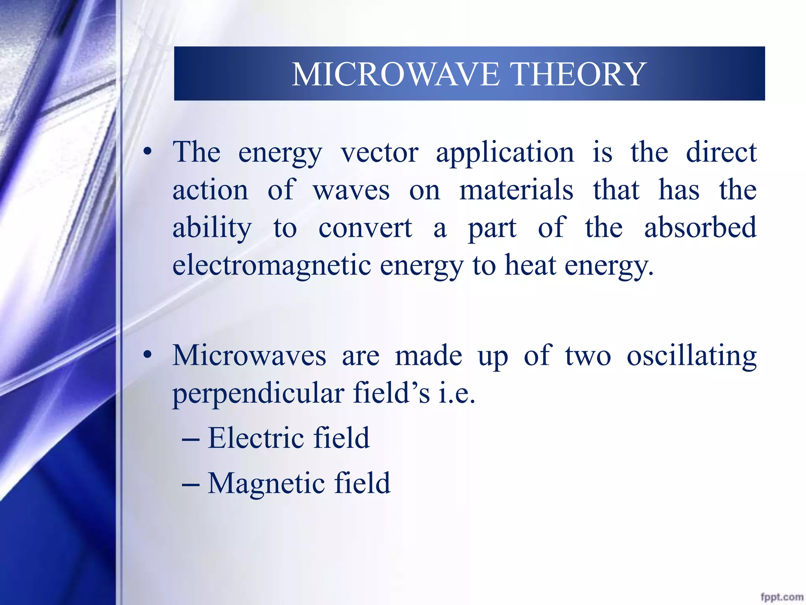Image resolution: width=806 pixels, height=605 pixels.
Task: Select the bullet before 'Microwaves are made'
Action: [x=148, y=355]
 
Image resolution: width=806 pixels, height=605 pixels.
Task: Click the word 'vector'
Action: [x=379, y=153]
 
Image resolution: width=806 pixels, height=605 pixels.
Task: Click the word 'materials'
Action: [x=516, y=190]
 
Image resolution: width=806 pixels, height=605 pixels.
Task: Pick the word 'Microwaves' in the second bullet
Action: [x=249, y=356]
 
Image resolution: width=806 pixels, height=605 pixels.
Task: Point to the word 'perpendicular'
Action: [x=258, y=394]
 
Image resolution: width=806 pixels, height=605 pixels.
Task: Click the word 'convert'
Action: [x=365, y=228]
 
